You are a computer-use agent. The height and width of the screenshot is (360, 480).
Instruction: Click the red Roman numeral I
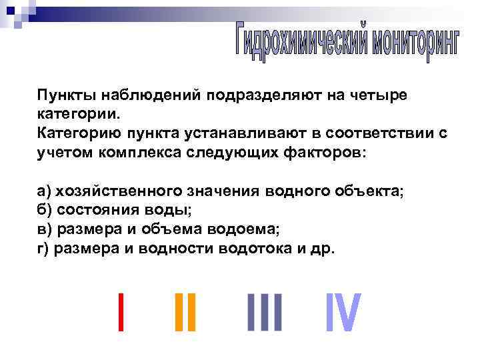point(120,312)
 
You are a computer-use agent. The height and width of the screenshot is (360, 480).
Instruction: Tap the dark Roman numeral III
point(265,312)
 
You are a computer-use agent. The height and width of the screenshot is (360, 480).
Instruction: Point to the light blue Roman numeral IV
point(343,312)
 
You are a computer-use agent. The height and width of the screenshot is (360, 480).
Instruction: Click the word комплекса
point(133,152)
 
